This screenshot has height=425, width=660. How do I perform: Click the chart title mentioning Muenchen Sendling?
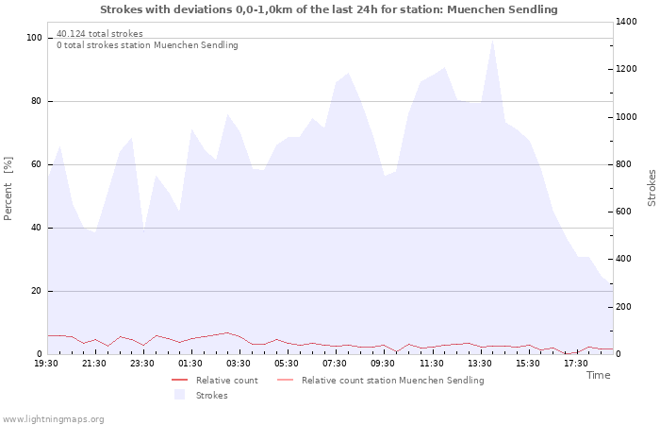[329, 9]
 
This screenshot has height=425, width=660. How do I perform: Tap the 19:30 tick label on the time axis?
[46, 364]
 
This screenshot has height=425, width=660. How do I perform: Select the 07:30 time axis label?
[335, 364]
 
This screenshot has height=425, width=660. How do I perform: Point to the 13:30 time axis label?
[480, 364]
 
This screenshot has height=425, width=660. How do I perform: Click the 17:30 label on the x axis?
[576, 364]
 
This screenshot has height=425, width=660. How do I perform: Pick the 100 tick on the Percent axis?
[35, 38]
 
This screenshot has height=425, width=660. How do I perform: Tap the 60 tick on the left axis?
[36, 164]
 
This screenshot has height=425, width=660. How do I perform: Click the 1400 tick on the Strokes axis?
[626, 22]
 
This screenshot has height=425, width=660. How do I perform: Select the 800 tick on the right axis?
[624, 164]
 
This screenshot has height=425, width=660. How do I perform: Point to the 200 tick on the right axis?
[624, 307]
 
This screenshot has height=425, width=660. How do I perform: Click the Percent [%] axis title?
[8, 189]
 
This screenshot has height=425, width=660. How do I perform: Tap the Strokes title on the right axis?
[652, 188]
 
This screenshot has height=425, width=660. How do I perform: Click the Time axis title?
[599, 375]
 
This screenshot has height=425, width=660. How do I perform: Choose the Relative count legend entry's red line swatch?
[180, 381]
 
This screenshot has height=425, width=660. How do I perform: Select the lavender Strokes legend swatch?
[180, 395]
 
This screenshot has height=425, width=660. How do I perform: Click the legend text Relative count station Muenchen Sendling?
[393, 381]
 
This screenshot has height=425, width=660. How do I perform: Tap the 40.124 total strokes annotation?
[100, 34]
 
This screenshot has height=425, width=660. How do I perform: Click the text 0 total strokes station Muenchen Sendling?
[147, 45]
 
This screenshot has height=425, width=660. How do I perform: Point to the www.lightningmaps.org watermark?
[53, 419]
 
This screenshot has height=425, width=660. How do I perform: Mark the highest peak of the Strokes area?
[492, 41]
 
